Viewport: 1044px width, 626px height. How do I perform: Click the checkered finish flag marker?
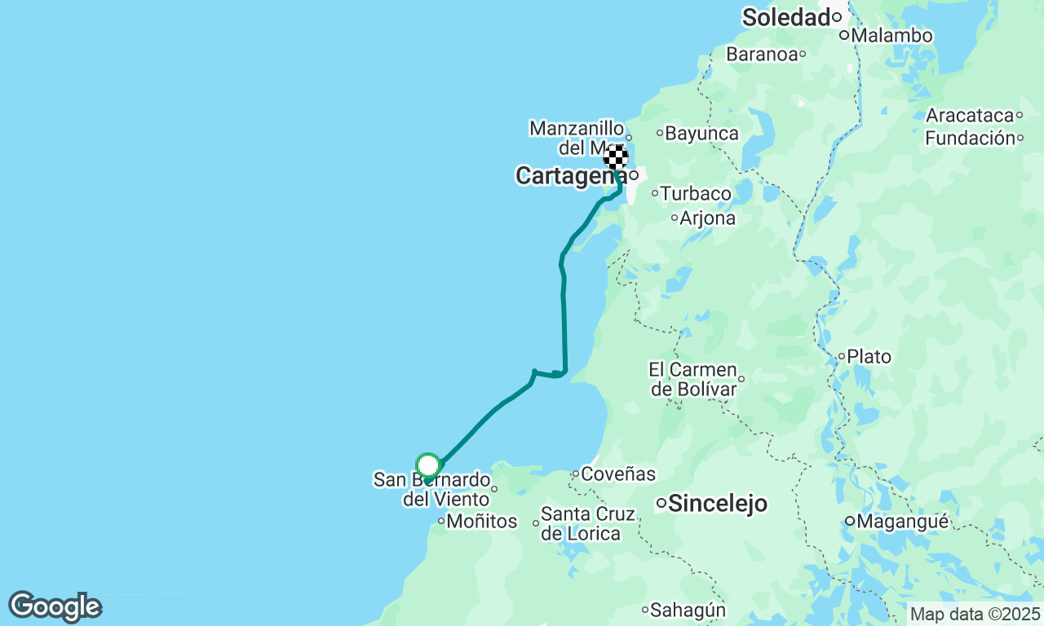click(616, 156)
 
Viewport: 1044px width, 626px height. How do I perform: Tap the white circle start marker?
click(428, 465)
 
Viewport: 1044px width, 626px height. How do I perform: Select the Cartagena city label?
click(567, 175)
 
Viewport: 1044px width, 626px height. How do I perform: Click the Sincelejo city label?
click(718, 504)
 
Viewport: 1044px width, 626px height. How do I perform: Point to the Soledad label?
click(785, 17)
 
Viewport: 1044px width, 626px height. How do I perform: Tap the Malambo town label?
click(892, 36)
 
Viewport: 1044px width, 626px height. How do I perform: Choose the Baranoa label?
click(761, 55)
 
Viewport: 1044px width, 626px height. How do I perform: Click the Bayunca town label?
click(702, 133)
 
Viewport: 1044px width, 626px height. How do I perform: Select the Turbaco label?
click(696, 194)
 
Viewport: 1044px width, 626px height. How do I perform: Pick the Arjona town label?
click(708, 218)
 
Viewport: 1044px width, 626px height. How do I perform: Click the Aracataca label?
click(969, 116)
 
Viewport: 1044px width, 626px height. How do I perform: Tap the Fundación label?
click(969, 139)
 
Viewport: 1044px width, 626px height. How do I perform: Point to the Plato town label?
click(869, 356)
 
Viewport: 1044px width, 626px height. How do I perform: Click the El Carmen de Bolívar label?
click(693, 379)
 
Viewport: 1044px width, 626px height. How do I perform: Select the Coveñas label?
click(617, 474)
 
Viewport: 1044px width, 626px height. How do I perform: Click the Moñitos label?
click(482, 522)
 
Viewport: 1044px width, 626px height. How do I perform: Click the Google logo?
click(55, 606)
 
